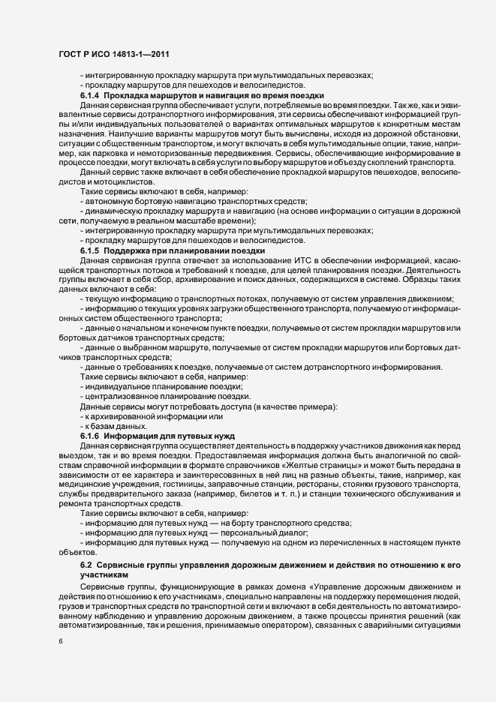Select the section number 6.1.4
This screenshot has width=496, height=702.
90,95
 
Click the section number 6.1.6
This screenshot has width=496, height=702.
90,436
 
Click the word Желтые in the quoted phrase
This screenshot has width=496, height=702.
347,465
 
